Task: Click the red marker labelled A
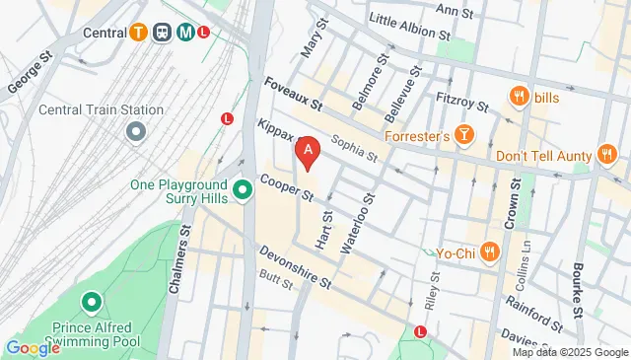click(x=309, y=151)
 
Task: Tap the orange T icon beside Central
click(x=140, y=32)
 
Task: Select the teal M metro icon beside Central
click(x=185, y=32)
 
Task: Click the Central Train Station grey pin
click(x=136, y=130)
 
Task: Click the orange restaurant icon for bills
click(x=518, y=96)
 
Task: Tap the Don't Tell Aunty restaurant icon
click(x=606, y=155)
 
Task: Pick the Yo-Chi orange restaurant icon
click(x=489, y=252)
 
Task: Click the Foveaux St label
click(x=293, y=95)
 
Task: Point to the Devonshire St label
click(x=295, y=266)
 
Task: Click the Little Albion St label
click(x=402, y=25)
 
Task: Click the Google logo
click(x=33, y=347)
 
